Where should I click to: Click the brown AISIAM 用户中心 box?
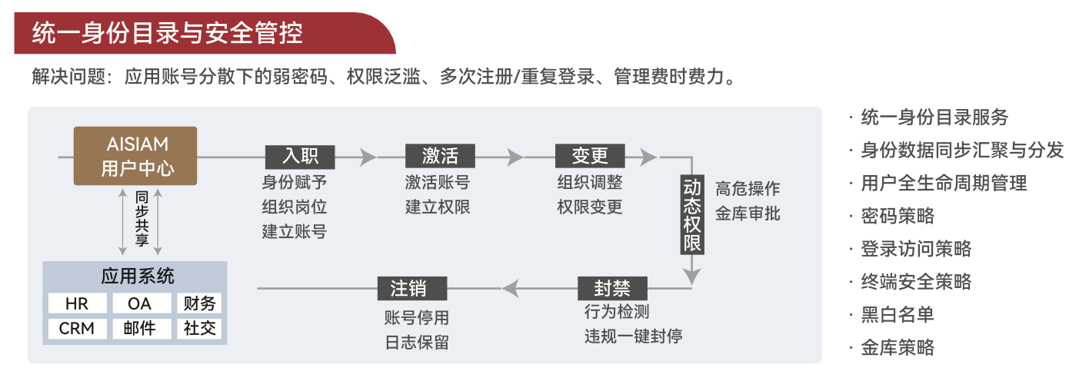coord(135,156)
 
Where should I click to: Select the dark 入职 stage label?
coord(300,157)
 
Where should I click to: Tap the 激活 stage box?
coord(440,157)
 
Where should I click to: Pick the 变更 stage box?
coord(591,157)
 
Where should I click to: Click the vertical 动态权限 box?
coord(692,216)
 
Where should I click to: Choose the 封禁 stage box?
coord(612,289)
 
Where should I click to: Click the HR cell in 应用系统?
coord(77,304)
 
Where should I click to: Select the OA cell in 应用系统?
coord(139,304)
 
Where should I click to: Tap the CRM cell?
coord(77,329)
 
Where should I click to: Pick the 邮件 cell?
coord(139,329)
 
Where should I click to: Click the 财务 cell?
coord(200,304)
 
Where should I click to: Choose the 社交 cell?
coord(200,329)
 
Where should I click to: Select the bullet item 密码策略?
coord(898,216)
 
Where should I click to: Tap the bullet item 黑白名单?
coord(898,315)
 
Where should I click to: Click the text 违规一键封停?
coord(632,336)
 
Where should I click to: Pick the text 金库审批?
coord(748,214)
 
